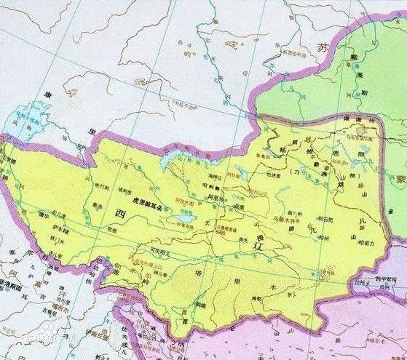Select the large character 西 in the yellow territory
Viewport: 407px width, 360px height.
pos(121,213)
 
